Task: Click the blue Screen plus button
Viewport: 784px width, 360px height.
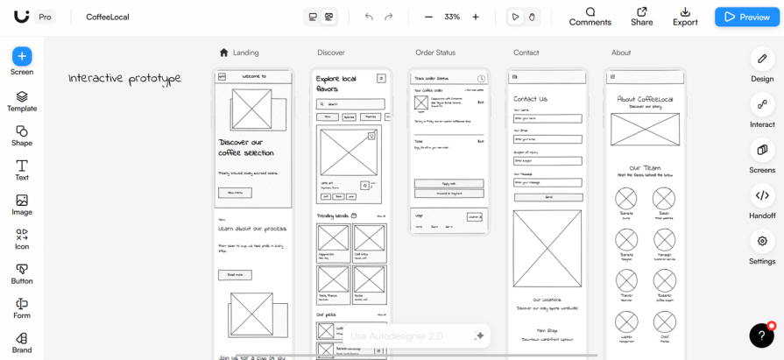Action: coord(22,56)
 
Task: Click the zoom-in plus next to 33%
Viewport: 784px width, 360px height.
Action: coord(476,17)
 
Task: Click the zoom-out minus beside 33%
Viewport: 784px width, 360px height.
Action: coord(428,17)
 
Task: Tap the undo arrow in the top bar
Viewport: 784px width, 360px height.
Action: coord(369,17)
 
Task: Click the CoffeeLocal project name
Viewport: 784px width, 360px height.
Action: coord(107,17)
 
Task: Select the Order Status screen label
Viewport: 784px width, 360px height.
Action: coord(434,53)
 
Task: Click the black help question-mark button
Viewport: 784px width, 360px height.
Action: coord(761,335)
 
